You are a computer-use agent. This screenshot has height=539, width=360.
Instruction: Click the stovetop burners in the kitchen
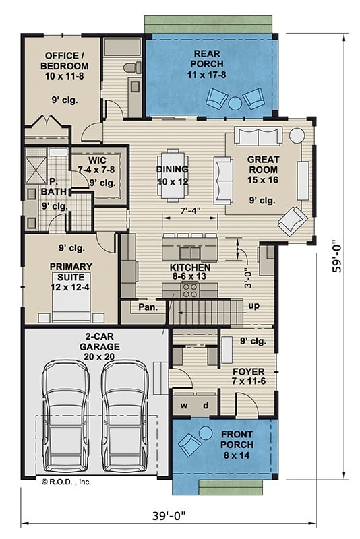[x=189, y=290]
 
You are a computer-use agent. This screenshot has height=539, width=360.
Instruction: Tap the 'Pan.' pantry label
[x=148, y=307]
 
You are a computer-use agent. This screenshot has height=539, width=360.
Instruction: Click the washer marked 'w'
[x=184, y=406]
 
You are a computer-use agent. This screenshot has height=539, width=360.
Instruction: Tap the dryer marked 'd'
[x=206, y=406]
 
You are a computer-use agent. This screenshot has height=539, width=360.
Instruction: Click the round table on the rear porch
[x=234, y=103]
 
